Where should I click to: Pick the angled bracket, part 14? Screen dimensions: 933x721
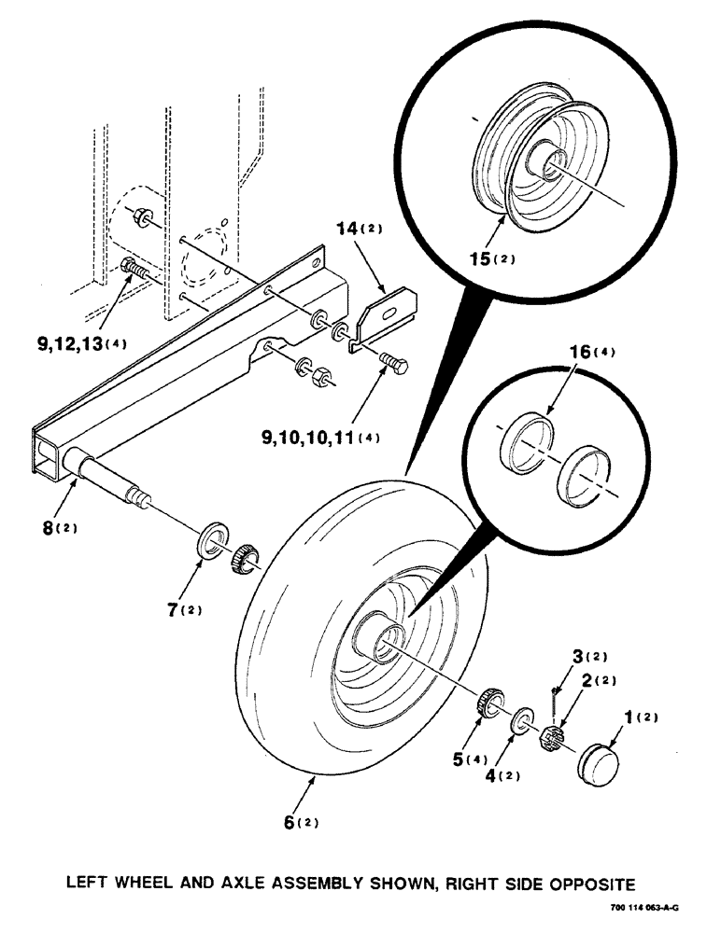point(386,315)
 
